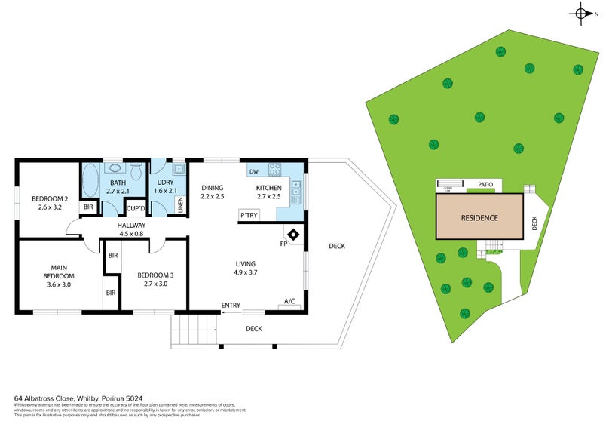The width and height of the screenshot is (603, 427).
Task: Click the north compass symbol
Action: (582, 13)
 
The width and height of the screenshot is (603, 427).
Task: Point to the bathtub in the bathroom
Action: (90, 180)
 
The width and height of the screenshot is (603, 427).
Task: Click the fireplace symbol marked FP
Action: (295, 235)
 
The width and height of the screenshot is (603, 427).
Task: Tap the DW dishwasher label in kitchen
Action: (254, 171)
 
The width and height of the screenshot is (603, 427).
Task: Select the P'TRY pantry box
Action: (249, 215)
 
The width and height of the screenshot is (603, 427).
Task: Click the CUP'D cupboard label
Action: (136, 209)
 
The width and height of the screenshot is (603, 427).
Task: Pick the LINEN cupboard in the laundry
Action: (179, 205)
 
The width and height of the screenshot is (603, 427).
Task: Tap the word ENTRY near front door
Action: (231, 306)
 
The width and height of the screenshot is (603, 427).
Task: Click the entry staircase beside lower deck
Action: (194, 329)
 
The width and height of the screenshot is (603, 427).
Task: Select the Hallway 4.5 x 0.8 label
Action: (130, 229)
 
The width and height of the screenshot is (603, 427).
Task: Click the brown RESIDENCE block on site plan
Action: (479, 217)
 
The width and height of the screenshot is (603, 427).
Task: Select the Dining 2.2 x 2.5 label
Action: (213, 192)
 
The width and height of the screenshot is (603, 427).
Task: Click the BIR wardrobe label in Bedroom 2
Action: (88, 207)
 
